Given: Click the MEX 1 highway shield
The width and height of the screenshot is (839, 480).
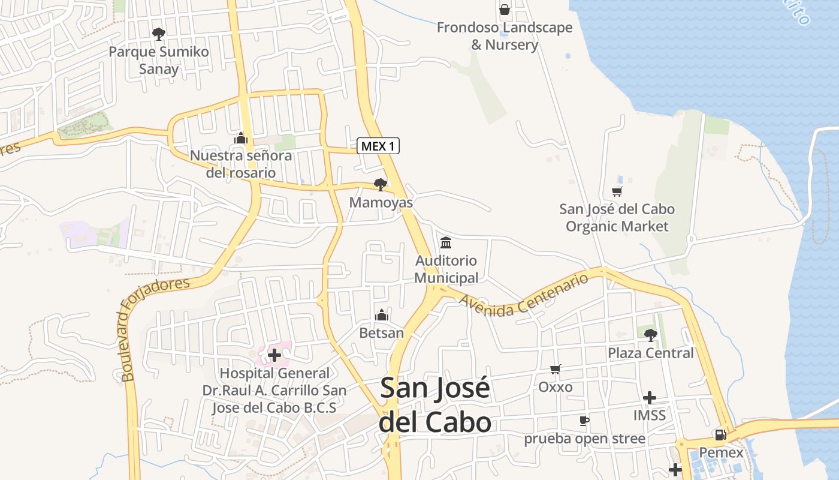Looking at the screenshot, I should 378,146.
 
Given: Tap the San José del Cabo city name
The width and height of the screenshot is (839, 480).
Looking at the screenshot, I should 436,405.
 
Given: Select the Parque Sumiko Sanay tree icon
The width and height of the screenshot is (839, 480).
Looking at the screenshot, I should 159,34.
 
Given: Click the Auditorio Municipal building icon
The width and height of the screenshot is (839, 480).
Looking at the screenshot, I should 446,243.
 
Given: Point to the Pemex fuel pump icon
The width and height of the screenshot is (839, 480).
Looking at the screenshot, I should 721,434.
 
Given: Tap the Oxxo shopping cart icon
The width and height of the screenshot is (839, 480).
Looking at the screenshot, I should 556,369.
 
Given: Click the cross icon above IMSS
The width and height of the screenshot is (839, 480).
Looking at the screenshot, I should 650,397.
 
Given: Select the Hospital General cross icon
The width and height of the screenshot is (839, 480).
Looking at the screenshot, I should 274,355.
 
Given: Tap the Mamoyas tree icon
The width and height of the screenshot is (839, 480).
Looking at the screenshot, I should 380,184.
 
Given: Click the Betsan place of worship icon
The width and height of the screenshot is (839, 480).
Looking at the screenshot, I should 381,315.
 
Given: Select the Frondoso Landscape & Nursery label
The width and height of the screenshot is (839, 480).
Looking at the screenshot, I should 505,36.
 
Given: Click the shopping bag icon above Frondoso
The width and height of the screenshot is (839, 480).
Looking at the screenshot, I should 505,10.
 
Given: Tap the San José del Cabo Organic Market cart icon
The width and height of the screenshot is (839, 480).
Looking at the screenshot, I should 617,191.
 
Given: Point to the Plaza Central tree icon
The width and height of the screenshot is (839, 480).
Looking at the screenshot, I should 650,335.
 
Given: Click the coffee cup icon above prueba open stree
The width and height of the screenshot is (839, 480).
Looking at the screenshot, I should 584,421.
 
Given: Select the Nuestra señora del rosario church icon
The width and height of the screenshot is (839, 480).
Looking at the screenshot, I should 241,139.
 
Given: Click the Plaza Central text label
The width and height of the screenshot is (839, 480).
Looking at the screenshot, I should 651,353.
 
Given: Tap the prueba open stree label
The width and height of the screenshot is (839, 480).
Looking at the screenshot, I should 585,439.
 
